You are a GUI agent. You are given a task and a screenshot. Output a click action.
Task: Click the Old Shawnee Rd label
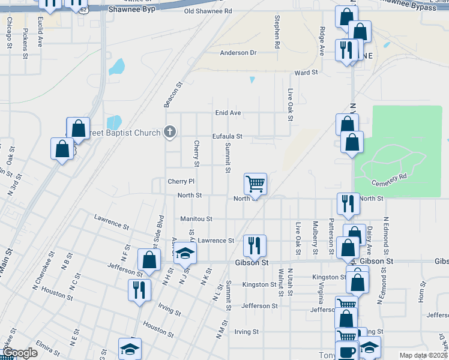point(208,11)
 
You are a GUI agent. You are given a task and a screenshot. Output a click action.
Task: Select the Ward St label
point(306,73)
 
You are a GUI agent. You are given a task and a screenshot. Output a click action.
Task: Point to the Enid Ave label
point(228,113)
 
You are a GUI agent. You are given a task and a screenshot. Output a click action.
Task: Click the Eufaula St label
point(227,136)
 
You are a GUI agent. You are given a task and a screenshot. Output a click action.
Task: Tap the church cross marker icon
point(170,133)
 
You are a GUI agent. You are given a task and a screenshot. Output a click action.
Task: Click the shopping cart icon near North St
point(255,183)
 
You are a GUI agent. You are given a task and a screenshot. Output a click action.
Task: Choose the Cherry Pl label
point(181,181)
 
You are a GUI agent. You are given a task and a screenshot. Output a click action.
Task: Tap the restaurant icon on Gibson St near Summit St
point(255,245)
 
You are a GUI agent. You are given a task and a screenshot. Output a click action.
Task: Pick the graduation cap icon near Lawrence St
point(185,253)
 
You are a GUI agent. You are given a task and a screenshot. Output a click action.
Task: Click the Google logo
point(19,353)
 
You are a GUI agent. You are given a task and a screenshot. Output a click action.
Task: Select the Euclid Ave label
point(40,32)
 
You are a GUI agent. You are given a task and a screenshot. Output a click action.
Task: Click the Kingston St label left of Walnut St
point(259,284)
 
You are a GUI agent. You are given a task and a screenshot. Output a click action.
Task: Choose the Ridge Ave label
point(322,41)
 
